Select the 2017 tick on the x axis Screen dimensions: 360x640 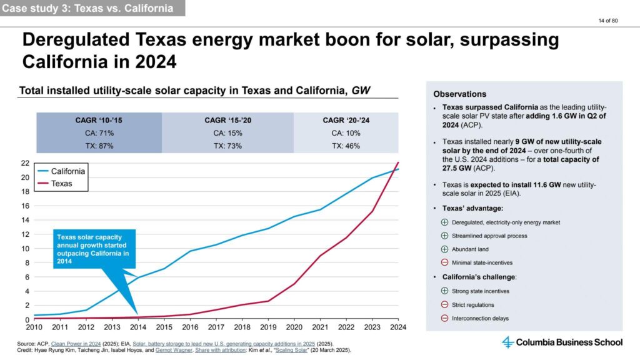[216, 327]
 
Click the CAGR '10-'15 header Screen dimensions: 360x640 [99, 119]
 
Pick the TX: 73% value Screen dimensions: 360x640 [227, 146]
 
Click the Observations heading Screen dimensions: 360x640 [459, 94]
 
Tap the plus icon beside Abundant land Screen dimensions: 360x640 [444, 249]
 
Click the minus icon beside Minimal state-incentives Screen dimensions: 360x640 [444, 262]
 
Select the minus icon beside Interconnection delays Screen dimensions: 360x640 [444, 318]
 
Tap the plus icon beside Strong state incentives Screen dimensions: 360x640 [444, 291]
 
